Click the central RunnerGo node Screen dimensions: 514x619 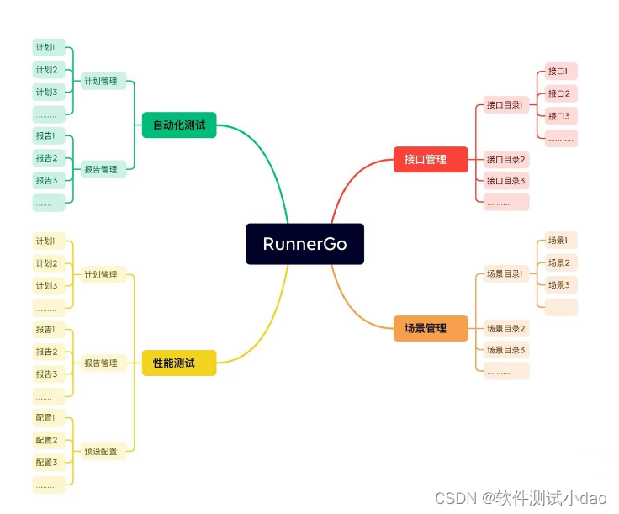[x=304, y=244]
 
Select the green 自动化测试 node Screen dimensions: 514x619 [x=179, y=125]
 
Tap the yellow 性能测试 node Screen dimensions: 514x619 [x=179, y=363]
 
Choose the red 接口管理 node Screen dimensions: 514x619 [x=431, y=159]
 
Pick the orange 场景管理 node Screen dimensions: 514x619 [x=431, y=328]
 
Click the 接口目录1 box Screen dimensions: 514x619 [x=505, y=105]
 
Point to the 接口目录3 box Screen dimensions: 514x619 [x=505, y=180]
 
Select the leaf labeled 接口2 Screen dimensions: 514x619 [x=559, y=93]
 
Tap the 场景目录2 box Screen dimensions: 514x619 [x=505, y=328]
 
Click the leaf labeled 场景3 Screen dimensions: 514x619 [x=559, y=285]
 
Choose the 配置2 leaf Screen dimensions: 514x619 [x=47, y=440]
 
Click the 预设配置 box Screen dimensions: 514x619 [x=101, y=451]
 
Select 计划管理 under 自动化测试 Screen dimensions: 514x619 [x=101, y=81]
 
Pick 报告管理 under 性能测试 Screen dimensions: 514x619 [x=101, y=363]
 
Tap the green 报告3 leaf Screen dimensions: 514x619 [x=47, y=180]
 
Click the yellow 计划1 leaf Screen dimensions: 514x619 [x=47, y=241]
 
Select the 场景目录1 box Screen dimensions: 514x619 [x=505, y=273]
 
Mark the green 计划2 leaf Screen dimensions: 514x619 [x=47, y=70]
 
